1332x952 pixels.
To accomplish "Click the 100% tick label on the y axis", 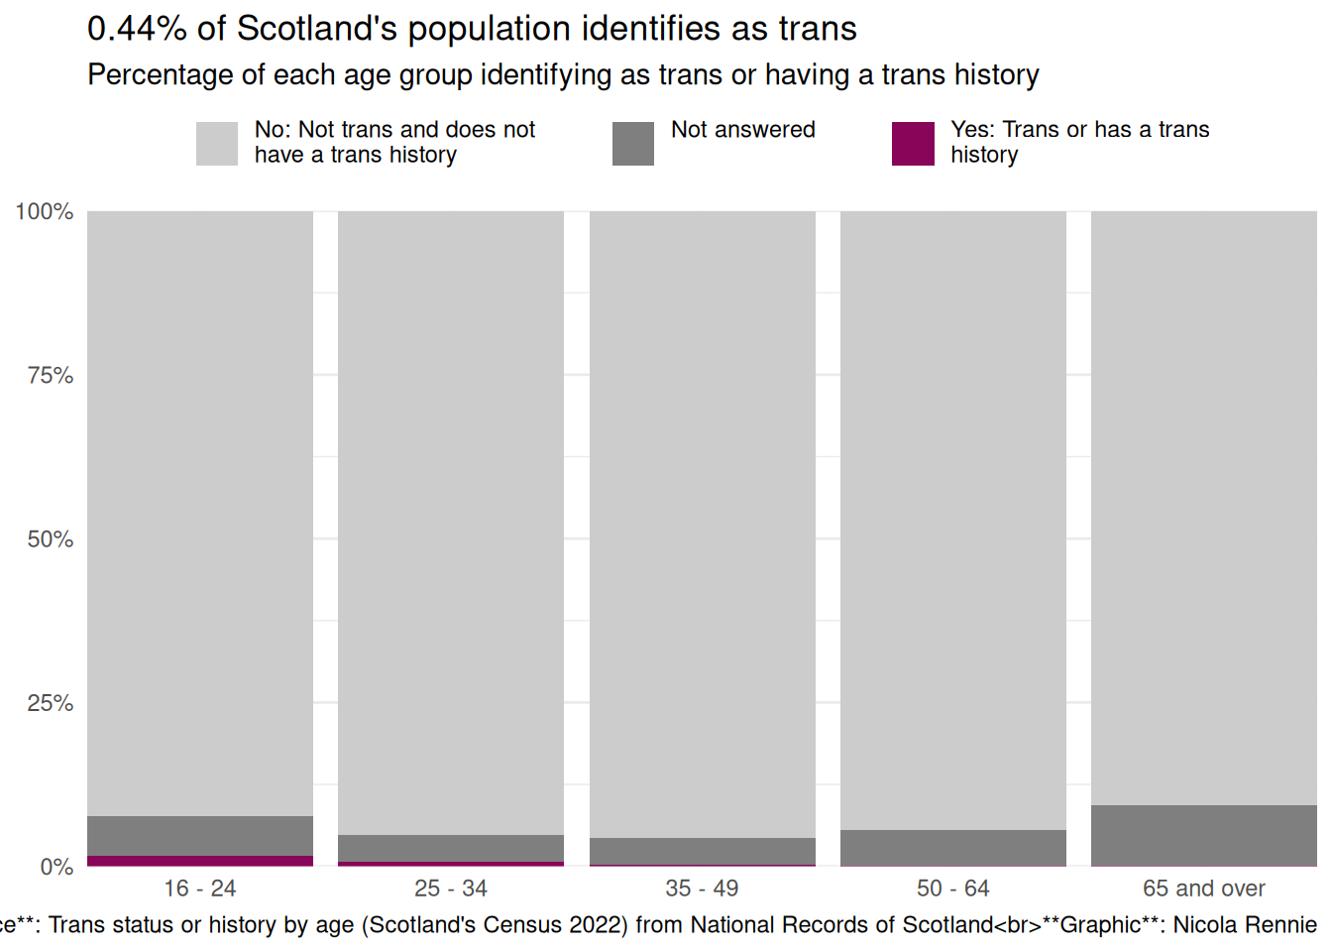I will pos(45,211).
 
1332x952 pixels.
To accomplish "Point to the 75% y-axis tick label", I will pos(50,375).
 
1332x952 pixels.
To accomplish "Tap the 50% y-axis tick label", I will pos(50,538).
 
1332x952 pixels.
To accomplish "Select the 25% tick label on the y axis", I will pos(50,703).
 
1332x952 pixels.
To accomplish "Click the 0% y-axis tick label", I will pos(56,867).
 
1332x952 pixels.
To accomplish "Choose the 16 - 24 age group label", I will pos(200,889).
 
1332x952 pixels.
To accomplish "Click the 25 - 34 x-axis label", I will pos(451,889).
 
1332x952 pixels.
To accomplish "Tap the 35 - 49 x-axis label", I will pos(702,889).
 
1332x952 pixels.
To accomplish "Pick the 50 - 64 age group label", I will pos(952,889).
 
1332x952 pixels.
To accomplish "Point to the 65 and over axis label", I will pos(1203,889).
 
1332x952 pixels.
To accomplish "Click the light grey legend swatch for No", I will pos(217,144).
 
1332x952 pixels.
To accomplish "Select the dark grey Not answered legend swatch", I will pos(633,144).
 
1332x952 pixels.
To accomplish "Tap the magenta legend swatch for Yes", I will pos(913,144).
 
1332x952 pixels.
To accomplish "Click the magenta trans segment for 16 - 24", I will pos(200,861).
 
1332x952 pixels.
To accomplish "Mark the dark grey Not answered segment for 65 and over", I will pos(1203,836).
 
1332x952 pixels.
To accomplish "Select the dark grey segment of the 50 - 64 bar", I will pos(952,848).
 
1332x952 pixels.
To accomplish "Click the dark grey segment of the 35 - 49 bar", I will pos(702,851).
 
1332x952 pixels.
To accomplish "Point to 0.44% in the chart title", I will pos(137,29).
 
